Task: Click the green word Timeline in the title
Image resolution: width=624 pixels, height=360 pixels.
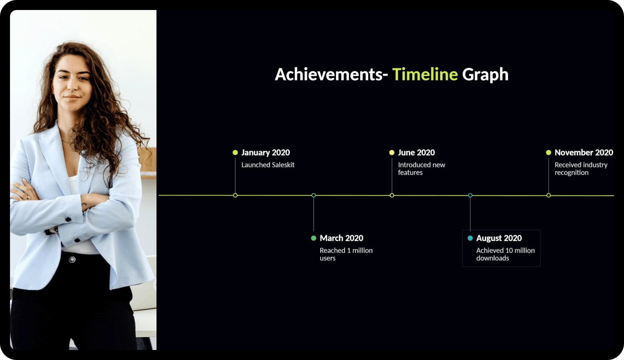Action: pos(425,74)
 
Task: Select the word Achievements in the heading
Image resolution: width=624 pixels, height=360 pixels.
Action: pos(331,75)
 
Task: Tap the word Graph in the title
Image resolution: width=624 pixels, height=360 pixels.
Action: pos(485,75)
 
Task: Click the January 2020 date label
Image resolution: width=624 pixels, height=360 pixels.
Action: pos(265,152)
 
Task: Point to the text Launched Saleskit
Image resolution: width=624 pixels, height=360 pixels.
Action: pos(268,165)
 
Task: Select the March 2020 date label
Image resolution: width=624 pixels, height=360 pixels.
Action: pos(342,238)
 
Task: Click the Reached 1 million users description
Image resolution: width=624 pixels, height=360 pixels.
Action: pos(346,254)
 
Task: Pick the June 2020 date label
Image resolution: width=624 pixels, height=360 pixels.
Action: pos(416,152)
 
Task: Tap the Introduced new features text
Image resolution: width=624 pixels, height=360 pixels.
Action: pos(422,169)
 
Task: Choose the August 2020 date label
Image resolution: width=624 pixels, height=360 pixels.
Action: pos(499,238)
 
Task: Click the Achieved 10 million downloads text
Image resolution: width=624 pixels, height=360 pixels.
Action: pos(505,254)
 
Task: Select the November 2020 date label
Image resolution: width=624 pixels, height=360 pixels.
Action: pos(584,152)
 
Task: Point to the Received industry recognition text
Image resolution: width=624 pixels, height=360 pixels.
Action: pos(581,169)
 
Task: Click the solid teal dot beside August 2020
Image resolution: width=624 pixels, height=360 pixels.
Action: pos(470,238)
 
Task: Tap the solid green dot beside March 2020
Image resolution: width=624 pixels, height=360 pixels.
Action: pos(314,238)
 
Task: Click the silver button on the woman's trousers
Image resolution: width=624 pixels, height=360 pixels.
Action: pos(72,260)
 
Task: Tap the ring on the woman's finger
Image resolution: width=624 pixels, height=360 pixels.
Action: pos(28,197)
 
